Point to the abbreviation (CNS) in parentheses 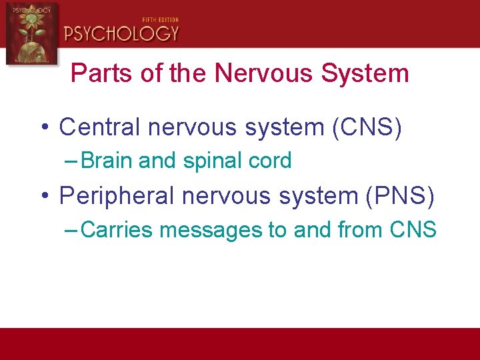[367, 127]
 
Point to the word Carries [116, 230]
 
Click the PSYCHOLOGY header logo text [121, 33]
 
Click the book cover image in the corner [31, 33]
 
